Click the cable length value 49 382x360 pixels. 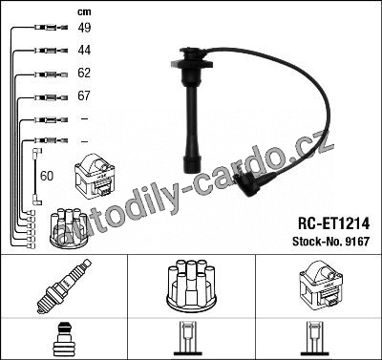(84, 28)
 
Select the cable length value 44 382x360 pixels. (84, 50)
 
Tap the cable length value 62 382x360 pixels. (84, 73)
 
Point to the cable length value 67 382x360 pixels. (84, 95)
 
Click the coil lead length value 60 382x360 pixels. (47, 176)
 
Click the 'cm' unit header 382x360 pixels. (84, 12)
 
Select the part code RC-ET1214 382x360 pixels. (333, 223)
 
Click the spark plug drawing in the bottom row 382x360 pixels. (64, 286)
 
